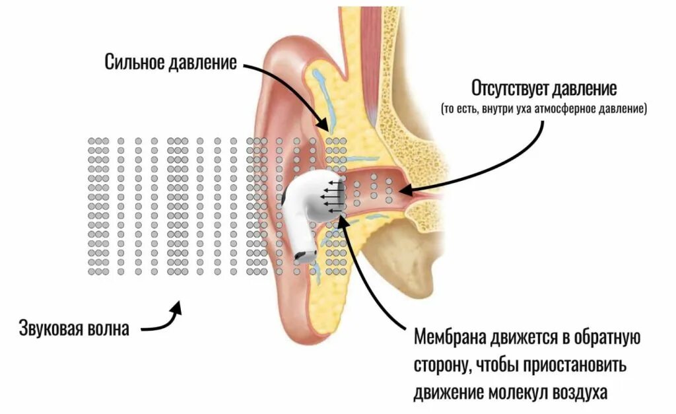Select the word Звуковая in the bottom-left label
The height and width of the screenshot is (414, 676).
pyautogui.click(x=50, y=328)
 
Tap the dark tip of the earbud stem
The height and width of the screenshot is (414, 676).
pyautogui.click(x=304, y=256)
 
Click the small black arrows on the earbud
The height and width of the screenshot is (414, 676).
pyautogui.click(x=333, y=195)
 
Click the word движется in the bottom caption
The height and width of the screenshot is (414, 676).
pyautogui.click(x=520, y=339)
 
